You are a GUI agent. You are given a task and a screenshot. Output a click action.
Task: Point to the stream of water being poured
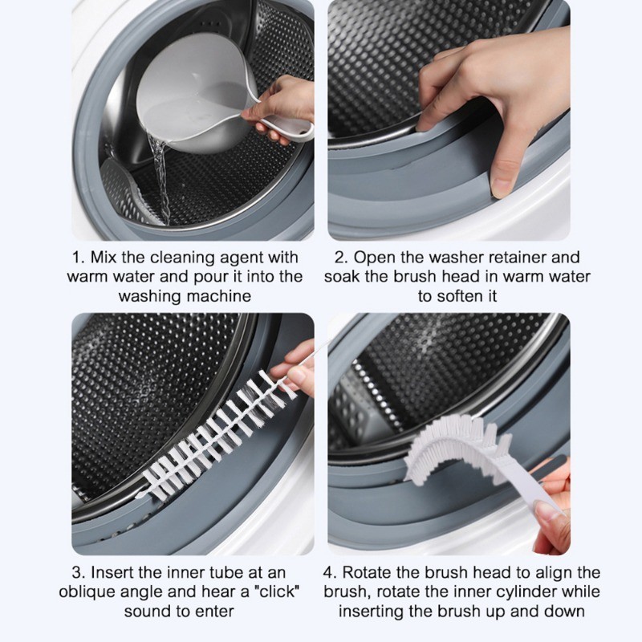pyautogui.click(x=160, y=180)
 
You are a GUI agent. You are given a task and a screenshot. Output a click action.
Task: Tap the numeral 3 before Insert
pyautogui.click(x=77, y=573)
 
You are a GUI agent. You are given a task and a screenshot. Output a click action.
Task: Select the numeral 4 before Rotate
pyautogui.click(x=329, y=573)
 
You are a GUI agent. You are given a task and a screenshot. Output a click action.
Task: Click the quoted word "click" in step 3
pyautogui.click(x=277, y=591)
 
